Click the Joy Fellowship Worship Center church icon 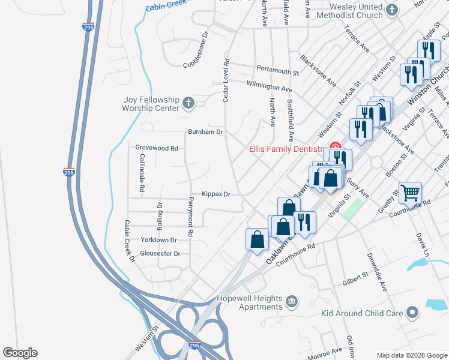click(x=188, y=103)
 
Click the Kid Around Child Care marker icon click(x=412, y=313)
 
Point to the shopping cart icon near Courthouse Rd click(x=410, y=193)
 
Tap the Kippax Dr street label click(x=216, y=194)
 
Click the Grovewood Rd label click(x=157, y=148)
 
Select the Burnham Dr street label click(x=205, y=131)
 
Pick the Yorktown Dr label click(x=158, y=239)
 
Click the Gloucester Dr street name click(x=160, y=254)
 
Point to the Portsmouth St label click(x=277, y=71)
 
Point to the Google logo click(x=20, y=353)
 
